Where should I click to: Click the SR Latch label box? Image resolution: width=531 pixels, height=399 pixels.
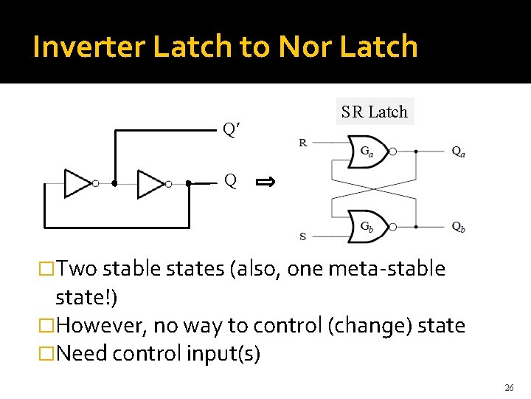(374, 112)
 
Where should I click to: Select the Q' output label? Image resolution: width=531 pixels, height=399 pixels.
(232, 130)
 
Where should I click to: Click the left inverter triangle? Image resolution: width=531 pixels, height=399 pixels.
(77, 183)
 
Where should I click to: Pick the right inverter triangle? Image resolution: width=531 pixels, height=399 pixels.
(150, 183)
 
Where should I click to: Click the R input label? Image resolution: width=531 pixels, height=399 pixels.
(303, 143)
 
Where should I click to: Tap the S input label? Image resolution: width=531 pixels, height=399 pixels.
(303, 236)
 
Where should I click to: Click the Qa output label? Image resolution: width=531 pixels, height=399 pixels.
(459, 151)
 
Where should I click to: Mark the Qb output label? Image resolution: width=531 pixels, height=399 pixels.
(459, 226)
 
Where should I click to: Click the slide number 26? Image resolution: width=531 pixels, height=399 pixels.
(509, 387)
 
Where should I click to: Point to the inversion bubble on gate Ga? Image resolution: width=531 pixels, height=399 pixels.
(393, 151)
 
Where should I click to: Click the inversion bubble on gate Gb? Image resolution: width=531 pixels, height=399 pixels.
(393, 226)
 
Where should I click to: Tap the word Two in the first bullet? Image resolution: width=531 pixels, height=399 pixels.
(77, 268)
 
